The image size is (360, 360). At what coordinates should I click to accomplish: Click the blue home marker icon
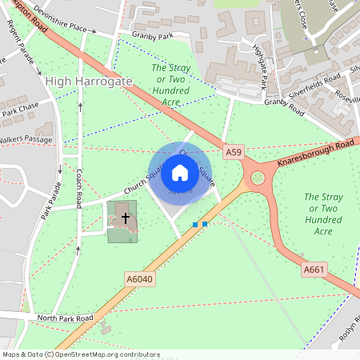pyautogui.click(x=180, y=172)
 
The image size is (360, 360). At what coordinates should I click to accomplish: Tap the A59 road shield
pyautogui.click(x=233, y=152)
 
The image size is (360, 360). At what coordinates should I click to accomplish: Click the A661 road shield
pyautogui.click(x=314, y=270)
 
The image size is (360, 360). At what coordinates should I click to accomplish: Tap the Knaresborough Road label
pyautogui.click(x=315, y=154)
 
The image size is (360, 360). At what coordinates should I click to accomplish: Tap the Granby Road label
pyautogui.click(x=286, y=102)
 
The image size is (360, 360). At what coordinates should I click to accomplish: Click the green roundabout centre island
pyautogui.click(x=258, y=178)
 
